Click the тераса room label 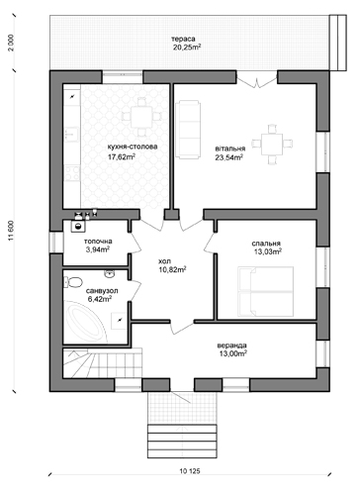[183, 39]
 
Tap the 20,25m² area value [187, 47]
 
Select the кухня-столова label [133, 147]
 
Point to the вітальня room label [230, 148]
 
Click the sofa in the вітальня [188, 130]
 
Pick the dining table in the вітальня [272, 144]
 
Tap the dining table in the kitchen [141, 117]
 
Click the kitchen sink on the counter [71, 135]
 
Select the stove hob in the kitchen [72, 173]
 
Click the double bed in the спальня [265, 292]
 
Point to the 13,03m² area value [267, 252]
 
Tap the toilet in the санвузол [73, 282]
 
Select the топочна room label [98, 242]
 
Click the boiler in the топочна [78, 226]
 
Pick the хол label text [164, 261]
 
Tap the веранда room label [231, 346]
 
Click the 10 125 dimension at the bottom [190, 471]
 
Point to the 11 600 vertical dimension [12, 231]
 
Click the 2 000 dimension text [12, 43]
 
